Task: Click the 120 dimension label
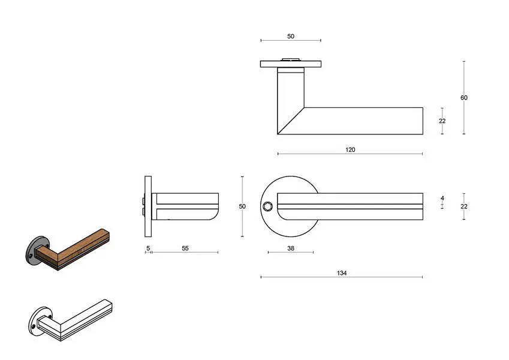(x=350, y=150)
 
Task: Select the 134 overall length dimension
(x=342, y=273)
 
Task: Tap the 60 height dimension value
(x=464, y=97)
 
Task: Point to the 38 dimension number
(x=291, y=248)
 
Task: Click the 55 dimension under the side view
(x=185, y=248)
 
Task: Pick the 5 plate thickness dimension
(x=148, y=248)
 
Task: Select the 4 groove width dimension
(x=442, y=198)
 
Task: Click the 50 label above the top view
(x=291, y=37)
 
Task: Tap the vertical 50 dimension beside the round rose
(x=242, y=206)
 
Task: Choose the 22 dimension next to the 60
(x=442, y=121)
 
